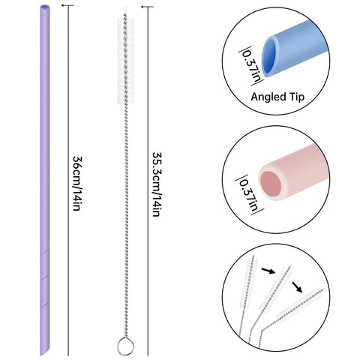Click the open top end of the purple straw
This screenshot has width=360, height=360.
[45, 7]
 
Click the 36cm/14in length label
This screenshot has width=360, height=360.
[76, 184]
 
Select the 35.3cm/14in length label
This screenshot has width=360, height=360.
[157, 184]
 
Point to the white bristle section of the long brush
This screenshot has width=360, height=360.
[125, 61]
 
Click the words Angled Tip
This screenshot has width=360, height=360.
[277, 97]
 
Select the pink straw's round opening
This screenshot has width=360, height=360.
[271, 184]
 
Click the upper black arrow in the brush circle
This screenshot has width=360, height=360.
[268, 271]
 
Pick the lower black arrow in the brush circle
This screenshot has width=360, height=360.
[297, 287]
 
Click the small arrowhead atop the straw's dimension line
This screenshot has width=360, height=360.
[63, 5]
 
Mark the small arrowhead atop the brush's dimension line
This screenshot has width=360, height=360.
[143, 7]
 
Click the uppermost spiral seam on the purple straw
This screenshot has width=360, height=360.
[45, 252]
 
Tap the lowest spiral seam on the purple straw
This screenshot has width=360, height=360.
[45, 304]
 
